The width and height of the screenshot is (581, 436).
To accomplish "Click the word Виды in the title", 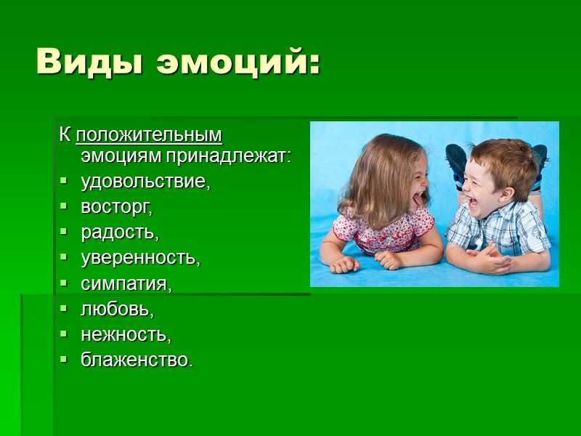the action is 89,61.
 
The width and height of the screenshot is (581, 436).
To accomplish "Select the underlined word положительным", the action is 149,135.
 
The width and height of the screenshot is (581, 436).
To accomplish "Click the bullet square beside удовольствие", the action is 64,180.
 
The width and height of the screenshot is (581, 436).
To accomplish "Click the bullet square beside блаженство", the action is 64,359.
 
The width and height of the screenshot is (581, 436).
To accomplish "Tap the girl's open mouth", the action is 418,199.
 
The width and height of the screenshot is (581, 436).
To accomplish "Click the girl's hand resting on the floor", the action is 344,265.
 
